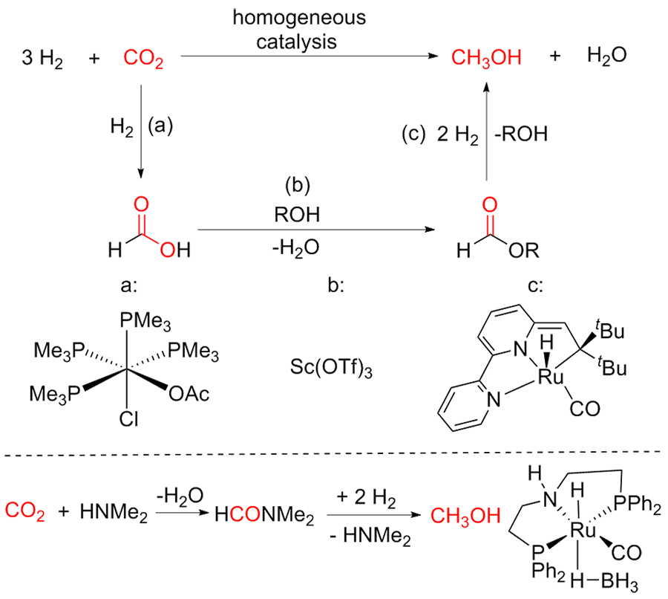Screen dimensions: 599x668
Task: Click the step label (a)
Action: tap(160, 127)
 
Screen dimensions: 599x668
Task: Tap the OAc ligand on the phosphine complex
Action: tap(189, 392)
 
